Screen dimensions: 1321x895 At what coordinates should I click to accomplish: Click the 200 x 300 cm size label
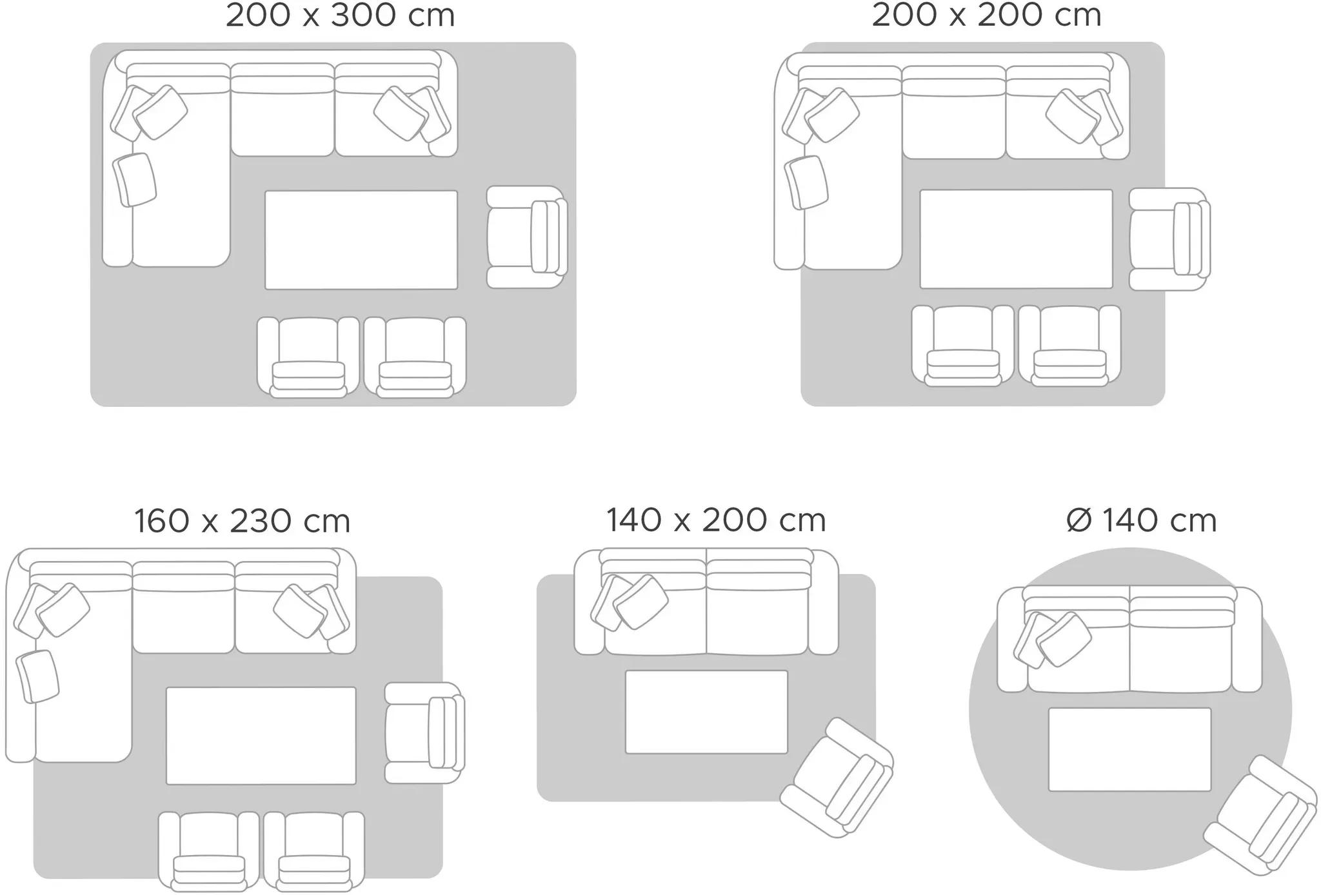coord(340,15)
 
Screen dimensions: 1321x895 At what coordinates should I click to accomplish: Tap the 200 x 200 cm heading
coord(986,15)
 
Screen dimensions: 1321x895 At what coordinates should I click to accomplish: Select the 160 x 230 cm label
coord(242,521)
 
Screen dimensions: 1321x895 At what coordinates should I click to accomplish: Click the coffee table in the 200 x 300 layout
coord(361,240)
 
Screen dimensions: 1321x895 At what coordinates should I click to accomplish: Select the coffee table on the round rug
coord(1129,749)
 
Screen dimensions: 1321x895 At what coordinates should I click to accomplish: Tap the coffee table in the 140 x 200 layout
coord(706,712)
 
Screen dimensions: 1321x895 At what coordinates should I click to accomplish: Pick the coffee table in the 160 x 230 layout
coord(261,736)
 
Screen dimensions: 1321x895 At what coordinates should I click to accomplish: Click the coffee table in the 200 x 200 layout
coord(1017,239)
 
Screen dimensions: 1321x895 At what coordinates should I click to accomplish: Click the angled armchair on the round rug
coord(1260,816)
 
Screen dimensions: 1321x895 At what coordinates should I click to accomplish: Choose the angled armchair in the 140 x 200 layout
coord(837,778)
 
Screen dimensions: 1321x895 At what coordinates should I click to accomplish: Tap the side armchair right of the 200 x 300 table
coord(527,237)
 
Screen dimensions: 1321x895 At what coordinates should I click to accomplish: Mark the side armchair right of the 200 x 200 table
coord(1169,239)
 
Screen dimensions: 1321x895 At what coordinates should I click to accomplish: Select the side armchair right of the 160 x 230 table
coord(424,733)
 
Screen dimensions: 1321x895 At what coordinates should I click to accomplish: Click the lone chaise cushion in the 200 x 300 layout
coord(135,180)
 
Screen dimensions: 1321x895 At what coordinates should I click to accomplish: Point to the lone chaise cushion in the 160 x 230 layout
coord(37,676)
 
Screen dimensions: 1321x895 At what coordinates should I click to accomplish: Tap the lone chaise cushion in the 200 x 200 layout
coord(806,182)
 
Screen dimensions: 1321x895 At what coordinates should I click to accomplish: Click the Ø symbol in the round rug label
coord(1078,520)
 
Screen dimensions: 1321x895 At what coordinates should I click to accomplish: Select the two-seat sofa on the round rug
coord(1129,638)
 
